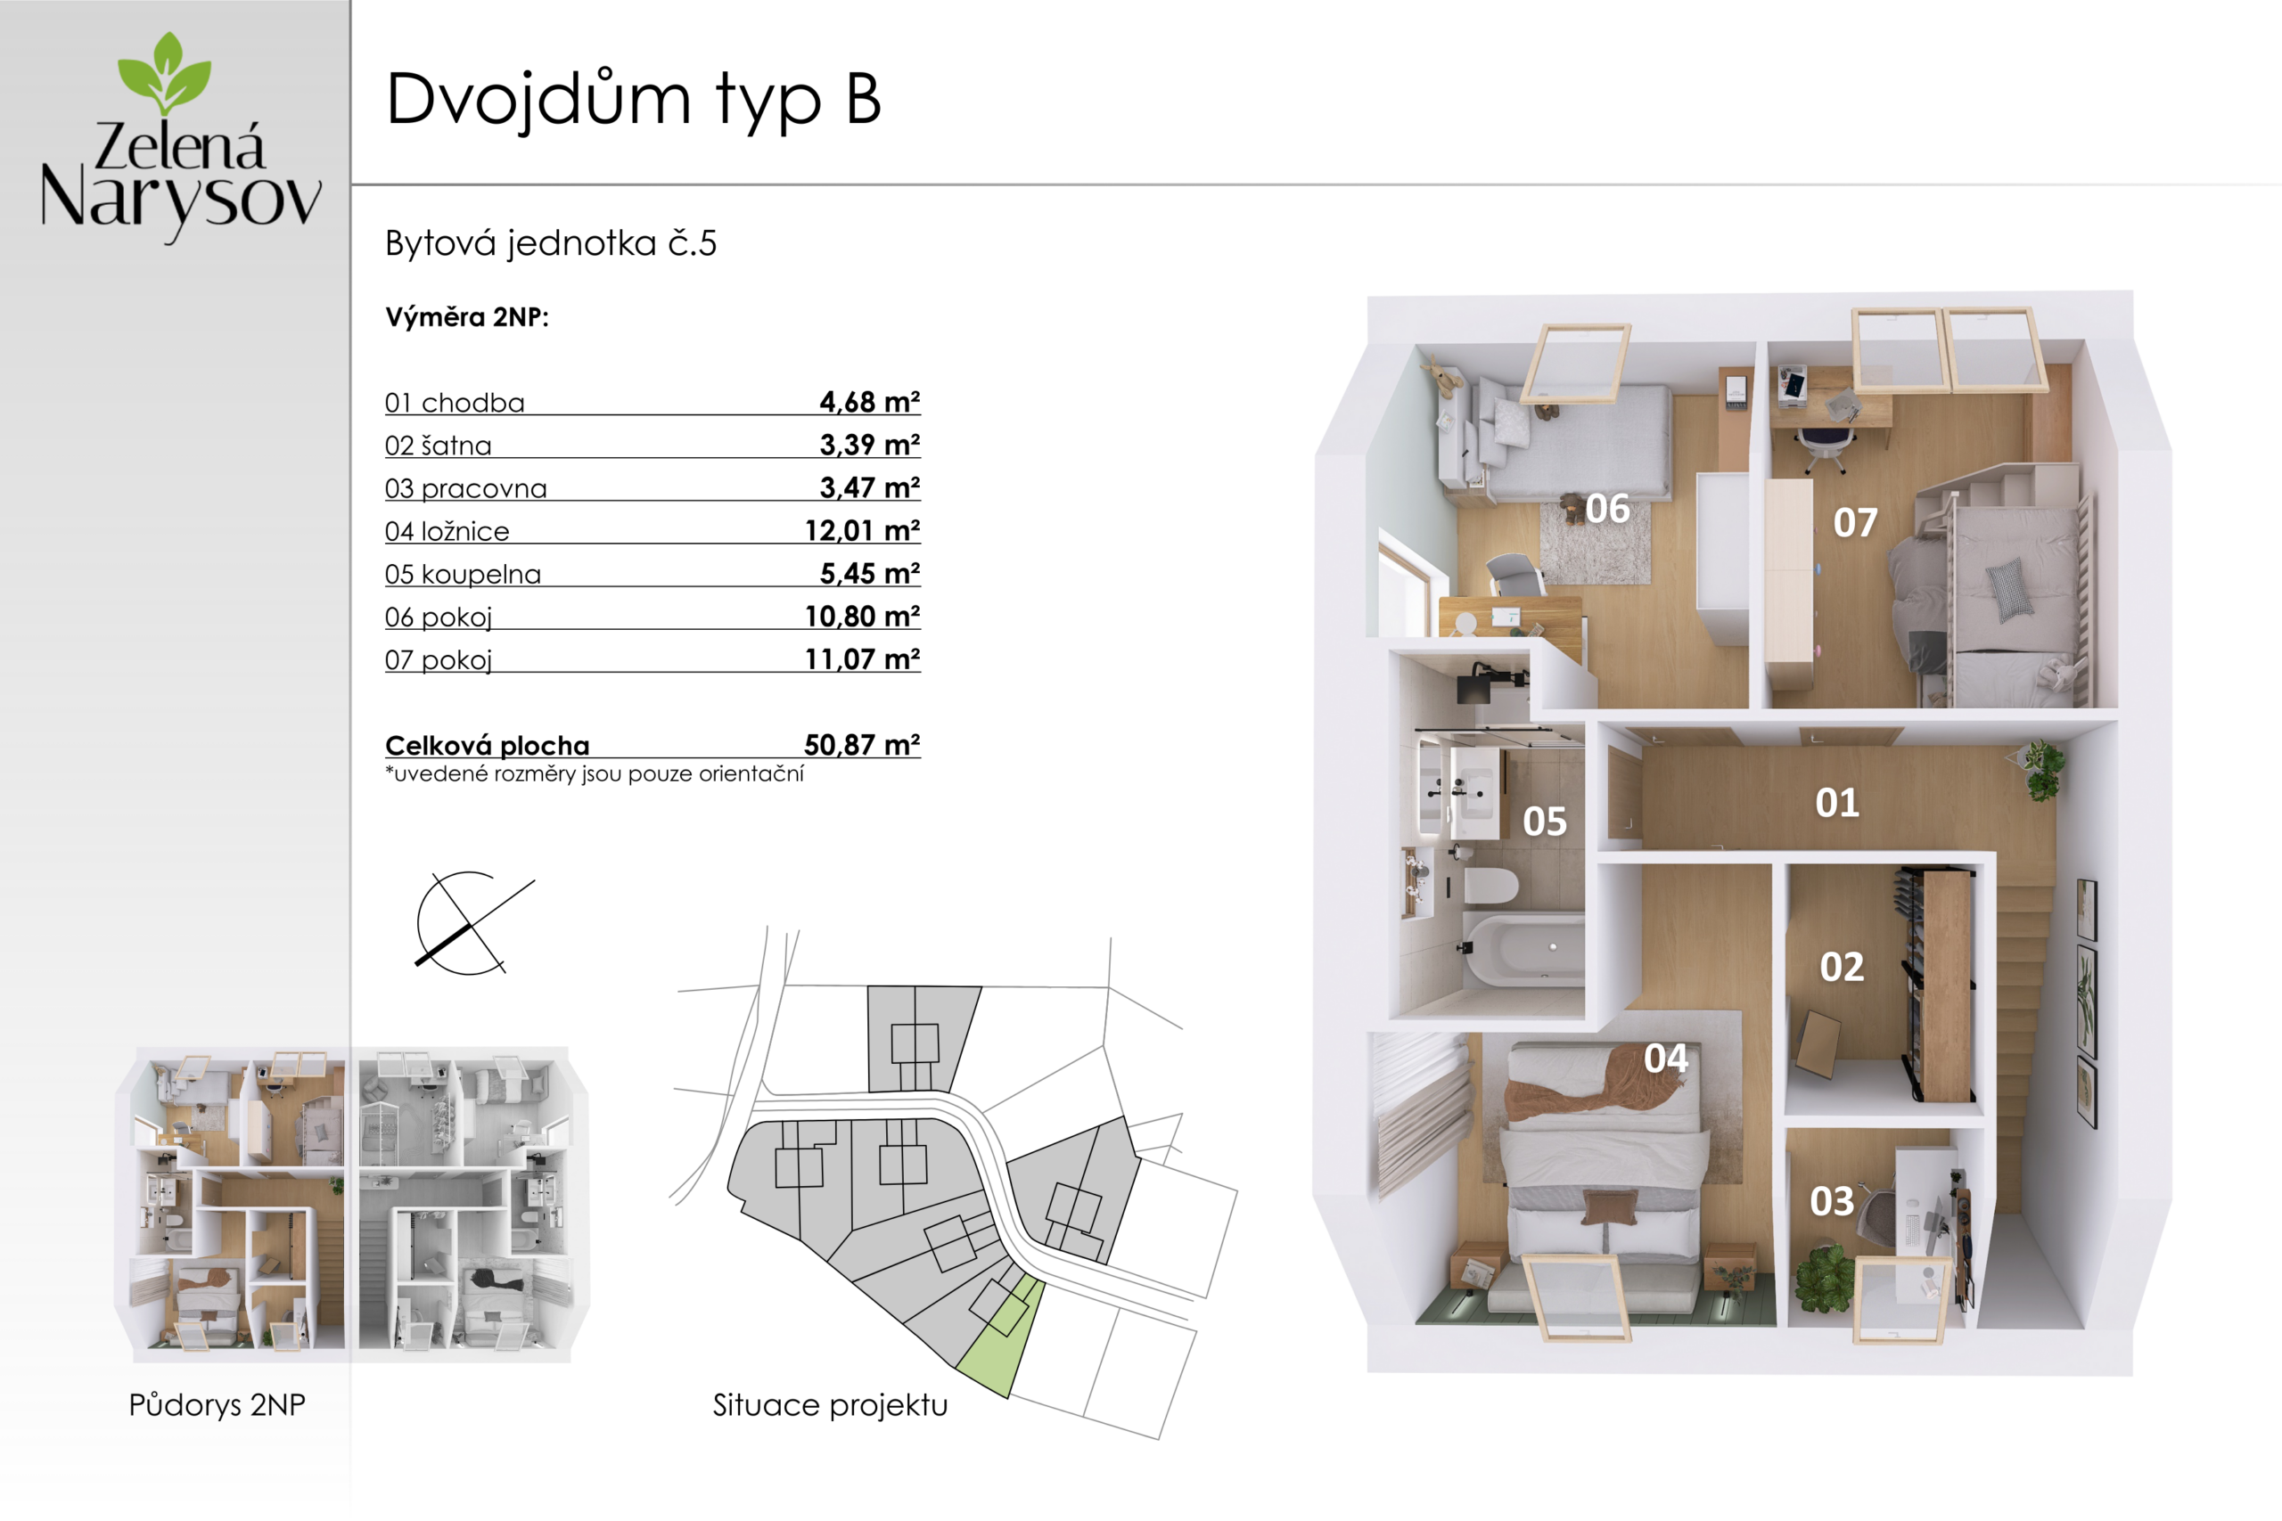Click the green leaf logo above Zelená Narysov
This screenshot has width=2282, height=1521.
tap(164, 73)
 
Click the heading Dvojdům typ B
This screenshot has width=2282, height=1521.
tap(634, 100)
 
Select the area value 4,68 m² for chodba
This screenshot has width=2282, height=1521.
tap(869, 402)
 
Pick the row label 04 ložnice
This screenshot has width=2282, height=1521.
tap(447, 532)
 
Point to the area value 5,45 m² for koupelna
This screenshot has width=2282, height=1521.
tap(869, 573)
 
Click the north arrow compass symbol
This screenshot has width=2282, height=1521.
tap(472, 923)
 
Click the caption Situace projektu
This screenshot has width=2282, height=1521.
tap(830, 1404)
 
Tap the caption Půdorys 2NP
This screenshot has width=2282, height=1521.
tap(218, 1404)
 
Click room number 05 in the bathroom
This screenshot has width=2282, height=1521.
tap(1545, 822)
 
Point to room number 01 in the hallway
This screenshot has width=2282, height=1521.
tap(1837, 802)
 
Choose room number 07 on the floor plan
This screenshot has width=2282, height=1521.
tap(1855, 523)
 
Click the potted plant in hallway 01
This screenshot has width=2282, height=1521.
tap(2041, 769)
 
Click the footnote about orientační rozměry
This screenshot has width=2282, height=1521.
tap(595, 774)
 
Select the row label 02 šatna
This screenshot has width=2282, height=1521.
tap(439, 446)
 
